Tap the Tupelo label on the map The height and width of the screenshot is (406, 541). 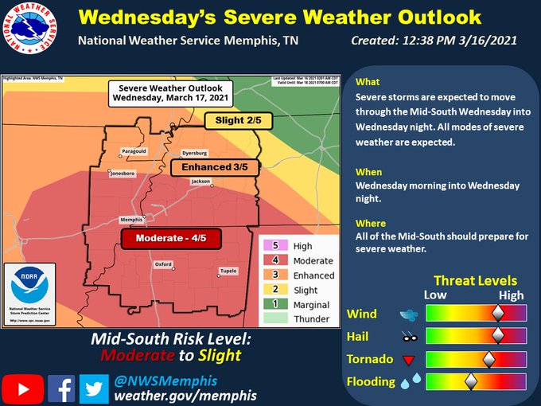[228, 271]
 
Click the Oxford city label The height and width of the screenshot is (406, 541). [163, 264]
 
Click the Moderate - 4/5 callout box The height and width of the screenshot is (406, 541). [169, 238]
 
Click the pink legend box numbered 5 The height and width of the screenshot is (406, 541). [275, 247]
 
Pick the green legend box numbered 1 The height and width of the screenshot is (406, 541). [275, 304]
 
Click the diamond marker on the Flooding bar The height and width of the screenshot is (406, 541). [470, 382]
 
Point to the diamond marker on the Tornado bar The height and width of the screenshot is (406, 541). [488, 359]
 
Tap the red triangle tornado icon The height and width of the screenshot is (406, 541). [411, 360]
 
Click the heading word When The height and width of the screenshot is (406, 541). [369, 172]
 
